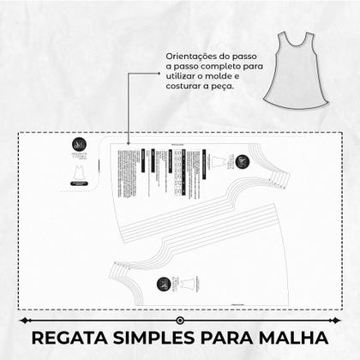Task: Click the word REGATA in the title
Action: click(x=63, y=336)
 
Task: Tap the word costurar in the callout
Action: click(x=186, y=87)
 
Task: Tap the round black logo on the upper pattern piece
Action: click(x=243, y=159)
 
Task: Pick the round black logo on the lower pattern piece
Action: click(x=163, y=284)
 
